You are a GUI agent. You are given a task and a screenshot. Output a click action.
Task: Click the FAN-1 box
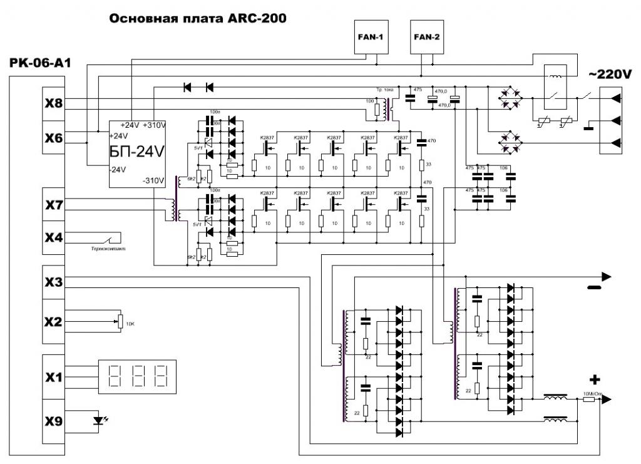coord(369,37)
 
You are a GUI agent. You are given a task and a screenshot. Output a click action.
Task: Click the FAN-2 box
coord(427,37)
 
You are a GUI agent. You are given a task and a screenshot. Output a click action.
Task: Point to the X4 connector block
coord(53,238)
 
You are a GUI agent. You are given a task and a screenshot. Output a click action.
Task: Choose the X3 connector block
coord(53,282)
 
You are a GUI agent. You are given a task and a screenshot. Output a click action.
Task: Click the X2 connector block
coord(53,322)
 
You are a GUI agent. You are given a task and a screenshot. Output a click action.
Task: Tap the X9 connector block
coord(53,421)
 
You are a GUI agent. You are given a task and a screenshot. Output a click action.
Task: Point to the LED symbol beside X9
coord(98,421)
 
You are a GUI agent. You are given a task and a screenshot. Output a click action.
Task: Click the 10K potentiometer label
coord(130,324)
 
